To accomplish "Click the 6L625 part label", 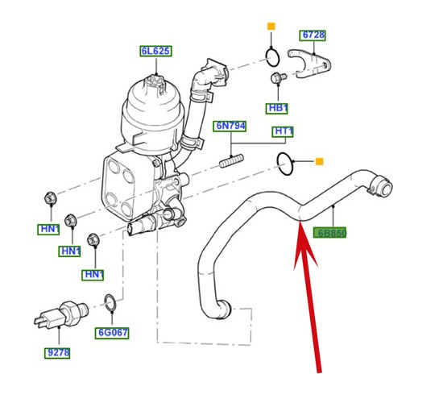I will coord(155,51).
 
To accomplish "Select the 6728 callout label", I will coord(314,35).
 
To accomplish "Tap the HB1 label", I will coord(278,107).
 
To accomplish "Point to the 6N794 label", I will coord(230,127).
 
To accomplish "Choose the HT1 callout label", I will coord(284,131).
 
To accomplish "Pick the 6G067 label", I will coord(114,332).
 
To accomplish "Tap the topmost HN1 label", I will coord(50,229).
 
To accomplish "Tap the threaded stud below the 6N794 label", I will coord(231,162).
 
